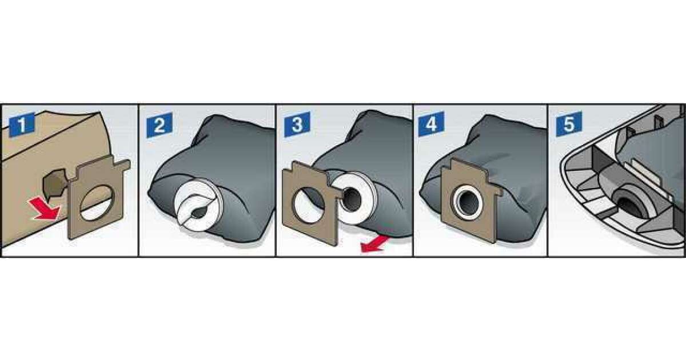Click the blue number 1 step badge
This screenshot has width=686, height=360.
pyautogui.click(x=22, y=125)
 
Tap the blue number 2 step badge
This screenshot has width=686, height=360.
pyautogui.click(x=159, y=125)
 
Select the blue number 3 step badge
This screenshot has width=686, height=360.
pyautogui.click(x=297, y=125)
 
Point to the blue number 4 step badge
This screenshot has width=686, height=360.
pyautogui.click(x=431, y=123)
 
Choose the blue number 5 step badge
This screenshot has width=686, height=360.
pyautogui.click(x=569, y=123)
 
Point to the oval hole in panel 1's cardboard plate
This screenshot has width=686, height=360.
pyautogui.click(x=97, y=203)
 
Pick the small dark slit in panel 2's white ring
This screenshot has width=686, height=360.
pyautogui.click(x=199, y=213)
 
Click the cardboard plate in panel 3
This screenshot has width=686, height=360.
pyautogui.click(x=310, y=203)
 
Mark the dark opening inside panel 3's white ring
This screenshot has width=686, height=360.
pyautogui.click(x=352, y=200)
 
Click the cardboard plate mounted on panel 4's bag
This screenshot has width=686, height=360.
pyautogui.click(x=471, y=200)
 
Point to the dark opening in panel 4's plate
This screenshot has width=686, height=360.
pyautogui.click(x=468, y=203)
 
